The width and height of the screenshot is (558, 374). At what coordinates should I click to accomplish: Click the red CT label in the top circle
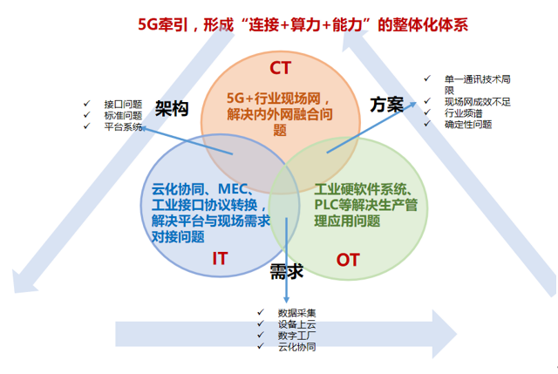click(x=280, y=68)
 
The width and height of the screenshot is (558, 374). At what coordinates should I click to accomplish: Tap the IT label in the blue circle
click(x=220, y=258)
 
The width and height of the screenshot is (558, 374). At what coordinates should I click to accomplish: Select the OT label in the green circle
click(x=347, y=260)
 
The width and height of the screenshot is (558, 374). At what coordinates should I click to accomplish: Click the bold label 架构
click(x=171, y=107)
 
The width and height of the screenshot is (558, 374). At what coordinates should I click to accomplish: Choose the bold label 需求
click(x=286, y=271)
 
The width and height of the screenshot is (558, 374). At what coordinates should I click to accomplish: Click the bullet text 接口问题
click(x=123, y=103)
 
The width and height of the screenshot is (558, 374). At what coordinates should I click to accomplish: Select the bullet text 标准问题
click(x=123, y=114)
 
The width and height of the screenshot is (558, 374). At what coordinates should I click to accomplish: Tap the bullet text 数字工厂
click(x=297, y=336)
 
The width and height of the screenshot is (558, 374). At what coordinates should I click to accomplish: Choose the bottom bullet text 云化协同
click(x=297, y=347)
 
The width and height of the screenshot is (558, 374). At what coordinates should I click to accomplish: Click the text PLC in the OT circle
click(x=327, y=205)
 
